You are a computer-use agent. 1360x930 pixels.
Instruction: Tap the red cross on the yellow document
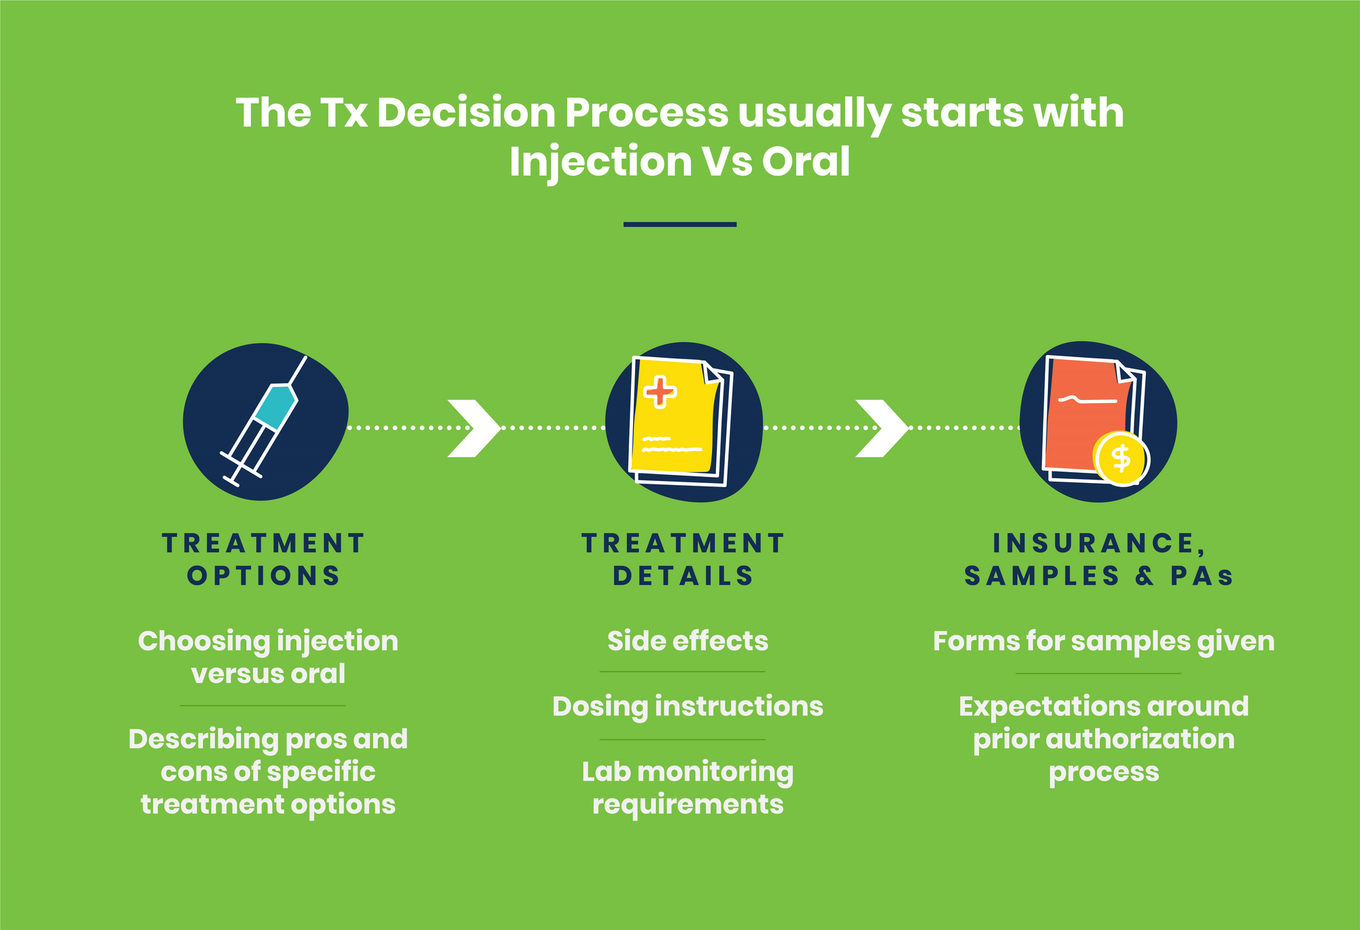pos(660,392)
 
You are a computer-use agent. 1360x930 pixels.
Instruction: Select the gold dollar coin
pos(1121,459)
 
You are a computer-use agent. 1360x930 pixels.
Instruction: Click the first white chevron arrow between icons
pos(474,428)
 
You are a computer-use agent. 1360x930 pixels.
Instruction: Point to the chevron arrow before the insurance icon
pos(882,428)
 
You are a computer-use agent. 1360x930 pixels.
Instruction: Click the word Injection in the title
pos(600,163)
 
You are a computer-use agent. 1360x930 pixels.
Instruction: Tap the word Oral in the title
pos(806,161)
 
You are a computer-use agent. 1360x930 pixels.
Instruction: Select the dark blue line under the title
pos(680,224)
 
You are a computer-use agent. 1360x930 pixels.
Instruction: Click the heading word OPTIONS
pos(264,576)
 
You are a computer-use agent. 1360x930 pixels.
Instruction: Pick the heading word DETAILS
pos(683,576)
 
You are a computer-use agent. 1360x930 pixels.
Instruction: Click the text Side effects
pos(687,641)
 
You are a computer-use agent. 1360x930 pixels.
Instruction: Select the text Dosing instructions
pos(687,707)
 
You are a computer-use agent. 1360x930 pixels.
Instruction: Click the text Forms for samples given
pos(1104,642)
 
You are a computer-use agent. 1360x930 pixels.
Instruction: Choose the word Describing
pos(203,740)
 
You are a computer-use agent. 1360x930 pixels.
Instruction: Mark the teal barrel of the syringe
pos(275,406)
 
